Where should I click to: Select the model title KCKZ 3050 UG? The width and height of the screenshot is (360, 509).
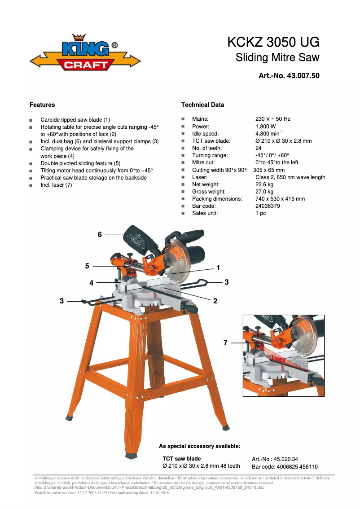click(x=273, y=42)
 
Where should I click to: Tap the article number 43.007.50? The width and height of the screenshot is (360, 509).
click(x=303, y=76)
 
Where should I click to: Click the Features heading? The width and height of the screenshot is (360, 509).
click(x=42, y=105)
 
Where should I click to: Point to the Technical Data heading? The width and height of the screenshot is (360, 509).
click(x=202, y=105)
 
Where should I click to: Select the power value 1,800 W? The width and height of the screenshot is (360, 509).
click(x=266, y=127)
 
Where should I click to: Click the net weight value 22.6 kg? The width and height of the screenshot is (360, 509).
click(x=264, y=184)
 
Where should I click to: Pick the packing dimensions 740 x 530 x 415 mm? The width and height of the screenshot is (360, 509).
click(x=280, y=199)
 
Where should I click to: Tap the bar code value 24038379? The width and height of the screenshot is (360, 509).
click(x=268, y=206)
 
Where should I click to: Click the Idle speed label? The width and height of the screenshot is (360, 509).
click(x=206, y=134)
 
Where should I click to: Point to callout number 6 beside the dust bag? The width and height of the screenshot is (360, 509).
click(x=100, y=234)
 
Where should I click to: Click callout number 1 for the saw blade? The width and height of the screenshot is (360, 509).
click(x=218, y=268)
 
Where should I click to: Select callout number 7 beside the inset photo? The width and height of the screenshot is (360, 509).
click(x=225, y=343)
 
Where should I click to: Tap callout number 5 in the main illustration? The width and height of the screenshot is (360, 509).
click(x=87, y=266)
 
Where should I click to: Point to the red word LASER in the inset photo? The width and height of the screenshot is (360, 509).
click(x=278, y=360)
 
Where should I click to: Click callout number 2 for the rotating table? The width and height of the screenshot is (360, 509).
click(x=215, y=301)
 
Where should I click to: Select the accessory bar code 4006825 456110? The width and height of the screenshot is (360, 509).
click(x=297, y=467)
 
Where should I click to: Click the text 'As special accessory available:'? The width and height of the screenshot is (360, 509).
click(x=200, y=446)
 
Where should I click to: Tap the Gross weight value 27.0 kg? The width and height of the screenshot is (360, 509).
click(x=264, y=192)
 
